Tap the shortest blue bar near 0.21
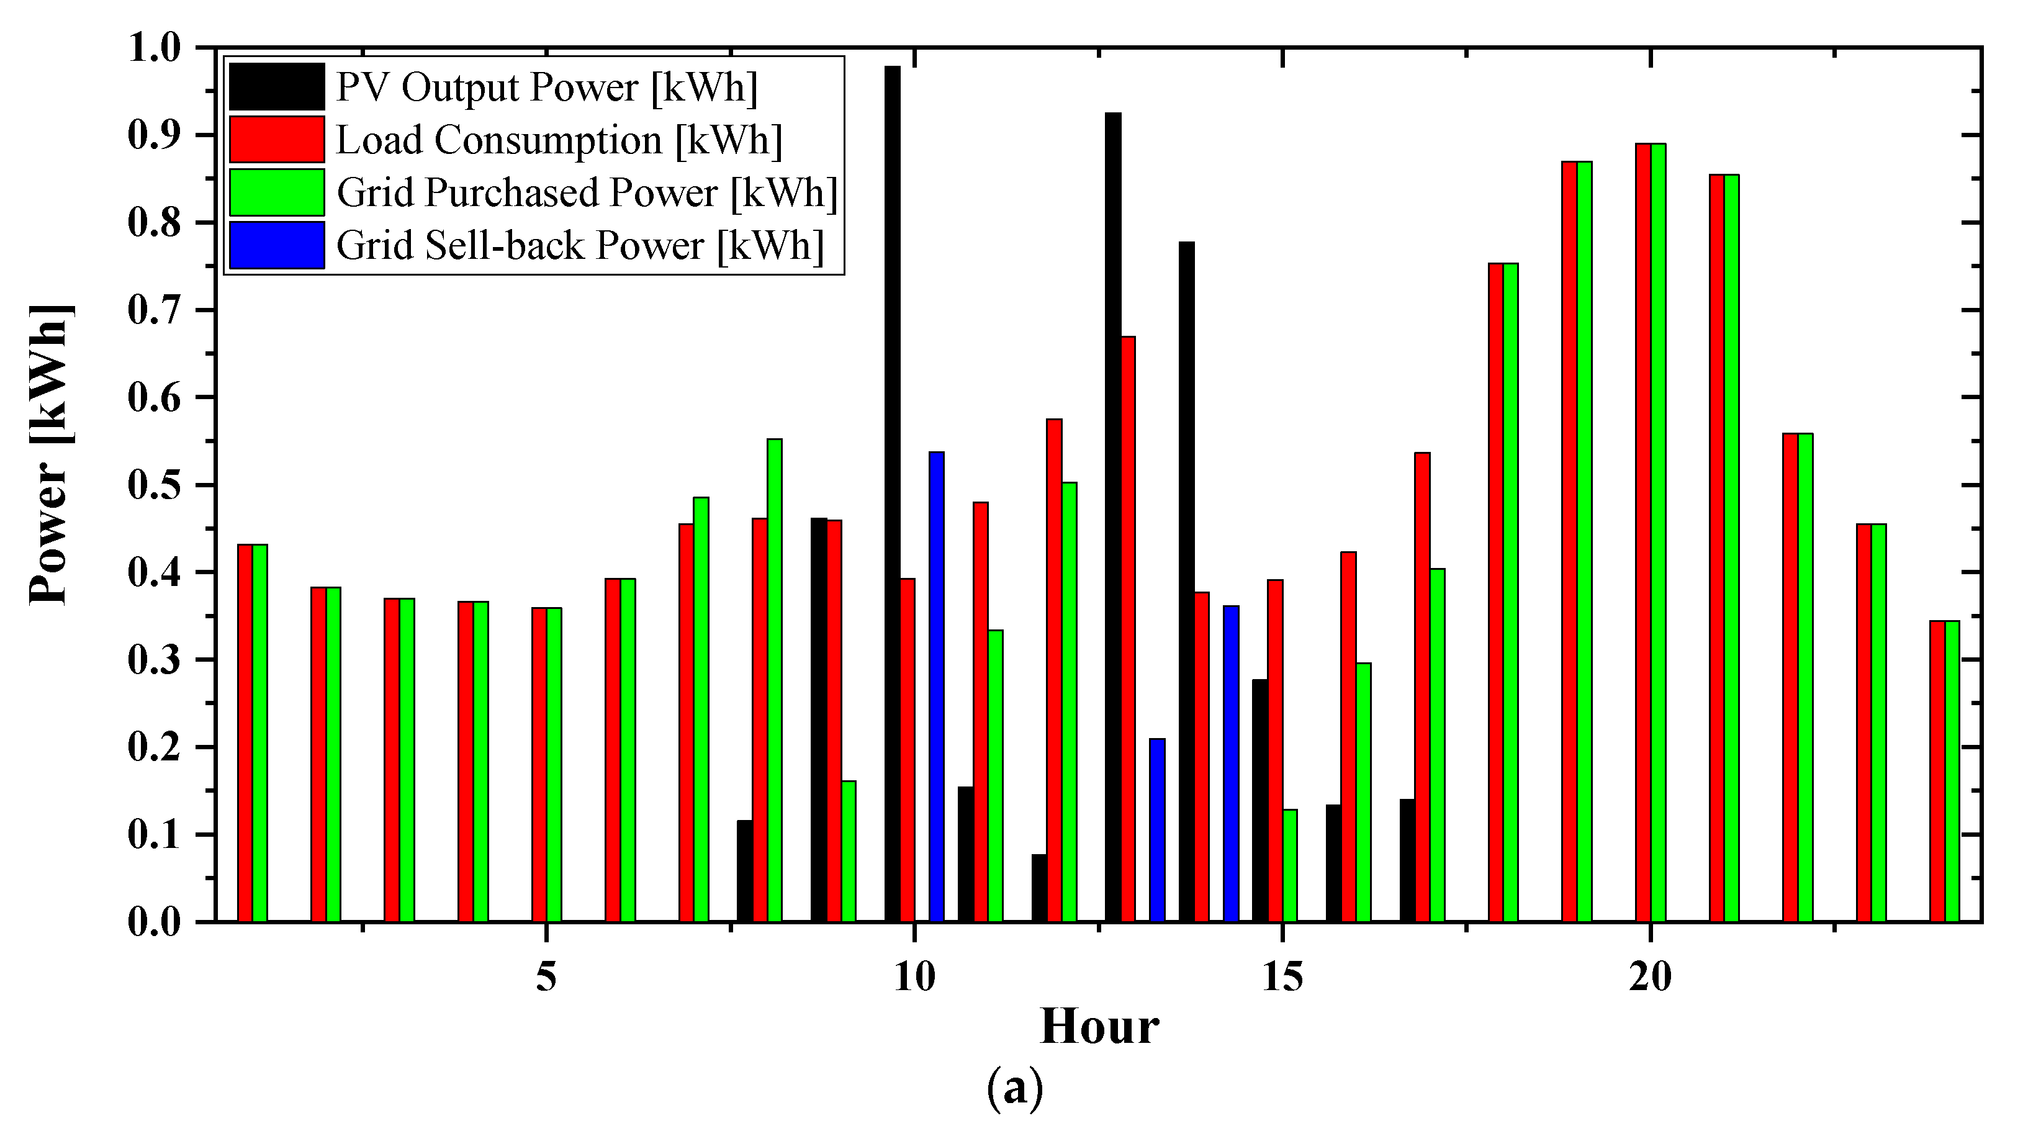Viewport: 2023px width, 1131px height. pos(1157,829)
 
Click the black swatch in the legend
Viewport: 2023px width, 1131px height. pos(276,86)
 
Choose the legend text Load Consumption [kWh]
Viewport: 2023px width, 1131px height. pos(559,140)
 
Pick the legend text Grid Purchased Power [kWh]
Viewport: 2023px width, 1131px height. pos(587,192)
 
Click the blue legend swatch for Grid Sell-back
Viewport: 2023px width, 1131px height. pos(276,245)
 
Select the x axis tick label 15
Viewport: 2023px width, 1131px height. pos(1282,978)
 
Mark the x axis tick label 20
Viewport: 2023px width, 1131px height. pos(1650,978)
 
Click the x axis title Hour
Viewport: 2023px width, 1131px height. pos(1099,1027)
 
